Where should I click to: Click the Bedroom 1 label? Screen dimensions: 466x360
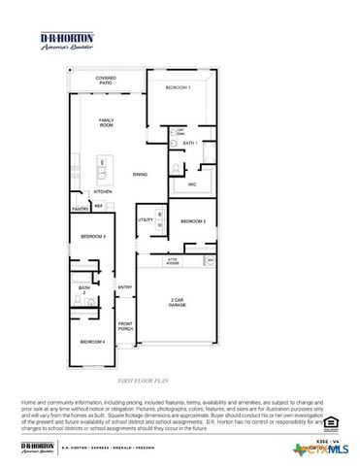coord(178,88)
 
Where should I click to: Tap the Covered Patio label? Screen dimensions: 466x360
coord(105,81)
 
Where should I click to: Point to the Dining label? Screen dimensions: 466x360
coord(141,175)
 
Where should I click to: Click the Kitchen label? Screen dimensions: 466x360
coord(103,191)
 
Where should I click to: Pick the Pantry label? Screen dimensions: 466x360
coord(81,209)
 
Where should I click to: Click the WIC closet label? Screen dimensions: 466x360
coord(192,183)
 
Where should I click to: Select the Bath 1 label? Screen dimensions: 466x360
coord(190,144)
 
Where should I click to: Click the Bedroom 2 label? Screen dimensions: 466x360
coord(192,221)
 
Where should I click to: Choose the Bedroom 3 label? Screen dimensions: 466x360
coord(92,237)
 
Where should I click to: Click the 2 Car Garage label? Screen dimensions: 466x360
coord(178,303)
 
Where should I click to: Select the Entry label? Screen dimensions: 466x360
coord(125,287)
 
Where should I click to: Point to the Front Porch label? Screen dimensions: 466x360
coord(125,326)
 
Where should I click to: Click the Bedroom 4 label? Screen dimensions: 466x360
coord(92,342)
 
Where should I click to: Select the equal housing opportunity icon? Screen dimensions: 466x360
coord(331,421)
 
